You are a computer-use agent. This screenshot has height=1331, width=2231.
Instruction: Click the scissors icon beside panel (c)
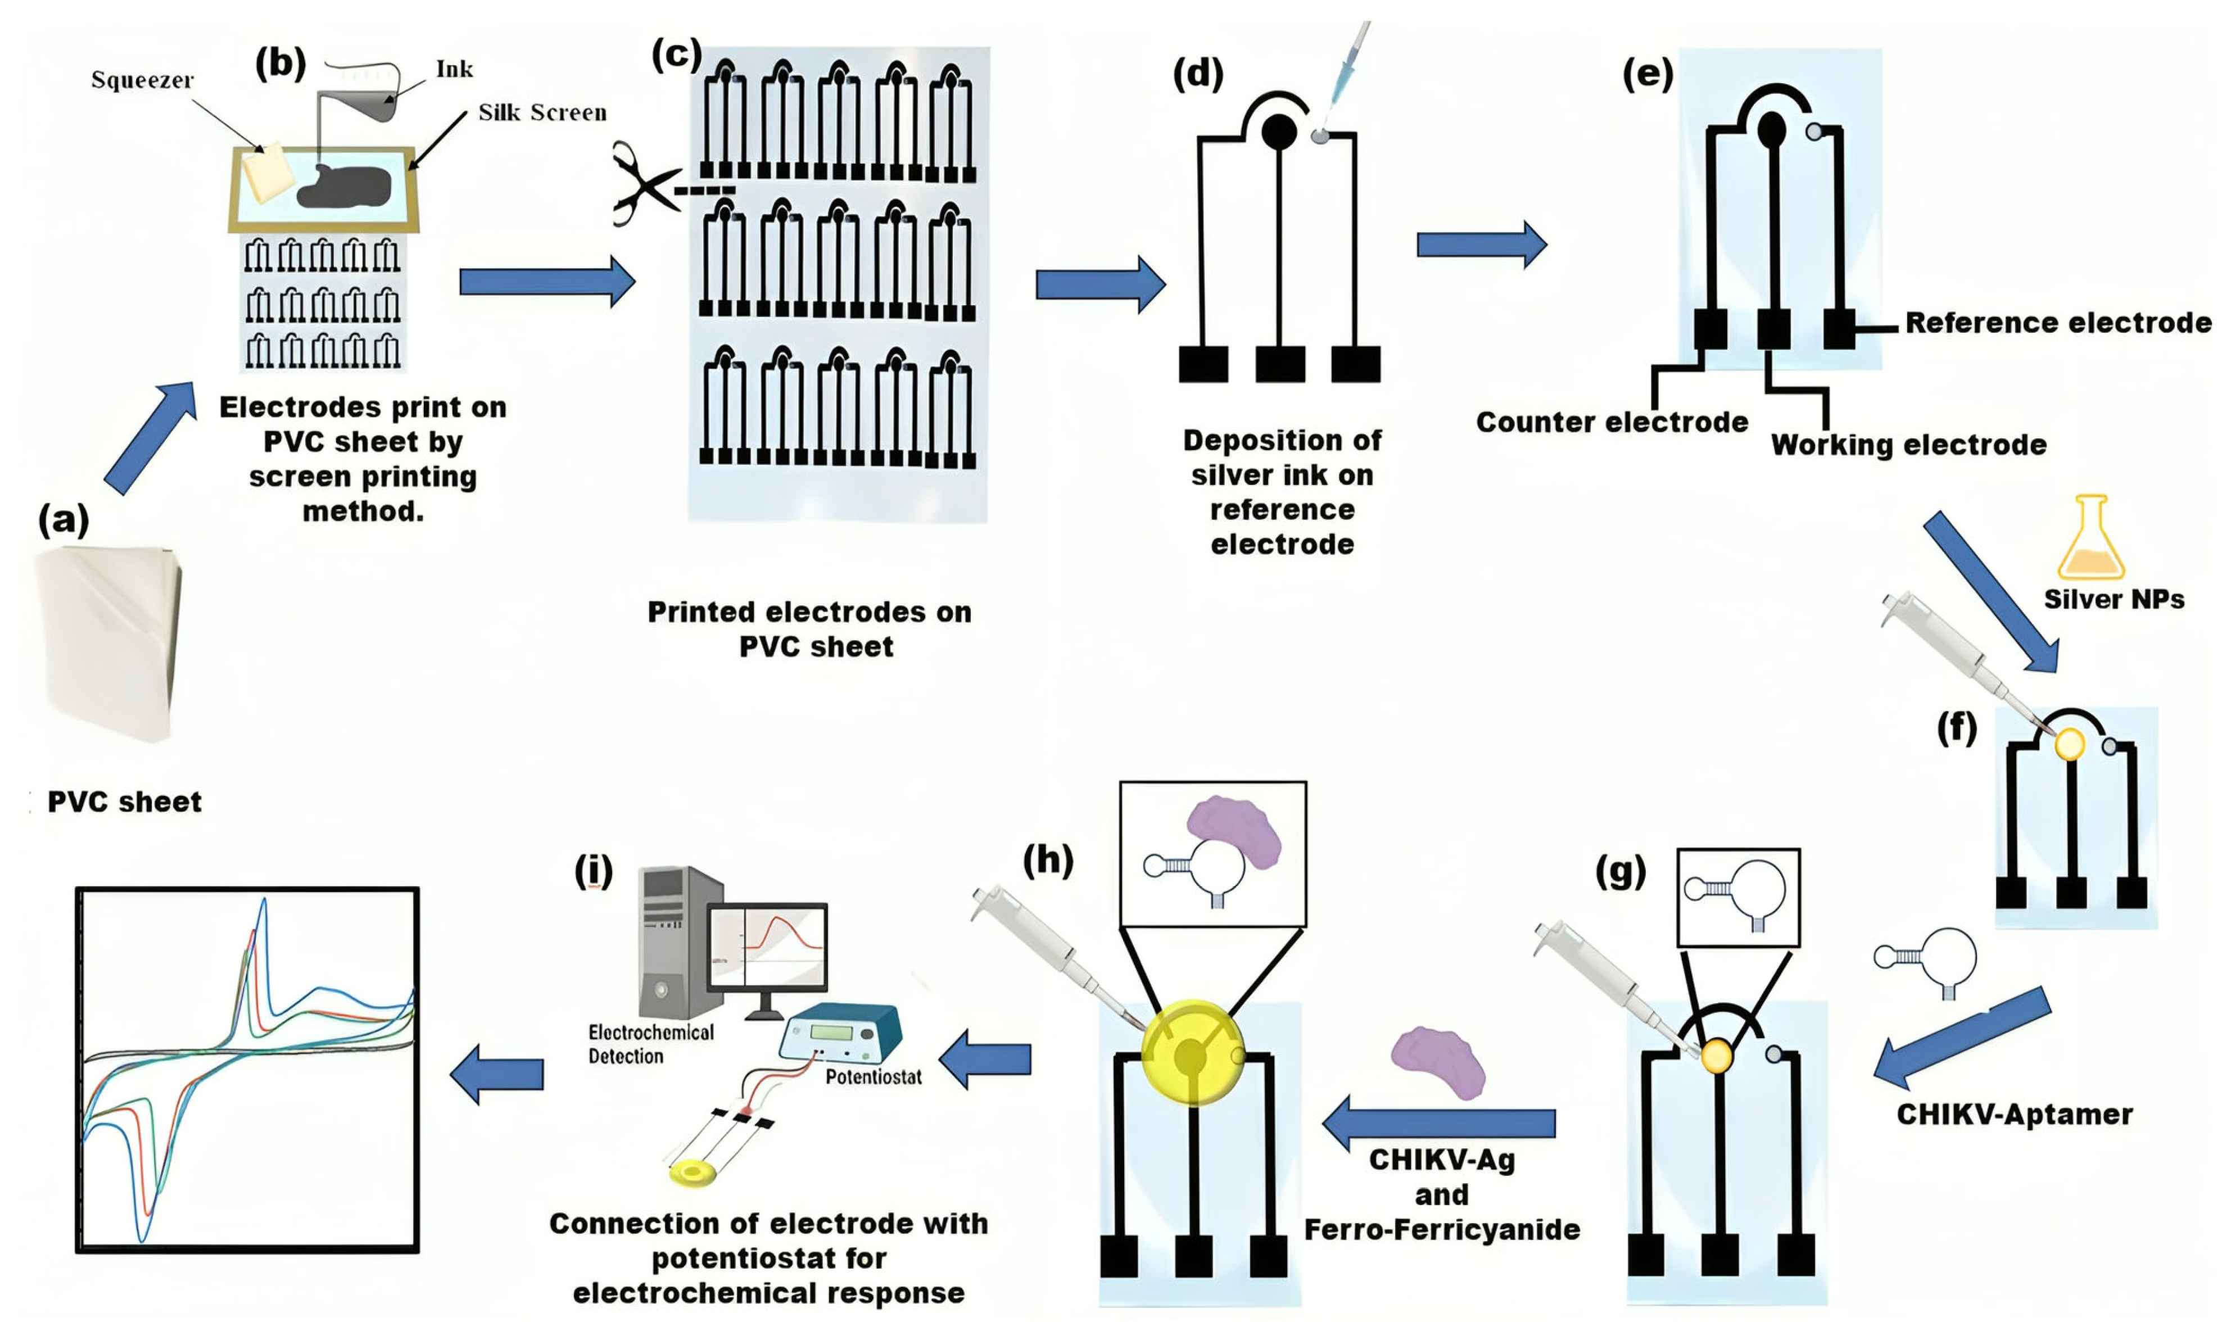pos(644,184)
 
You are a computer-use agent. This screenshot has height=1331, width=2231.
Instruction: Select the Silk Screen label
pos(542,112)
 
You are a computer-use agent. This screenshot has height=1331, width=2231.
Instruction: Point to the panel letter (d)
pos(1197,74)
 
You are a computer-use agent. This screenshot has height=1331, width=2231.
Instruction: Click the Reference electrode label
pos(2058,323)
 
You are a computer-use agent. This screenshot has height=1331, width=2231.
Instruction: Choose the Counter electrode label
pos(1612,423)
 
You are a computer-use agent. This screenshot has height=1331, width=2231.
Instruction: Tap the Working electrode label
pos(1908,445)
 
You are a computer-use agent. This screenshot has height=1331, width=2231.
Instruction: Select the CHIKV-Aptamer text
pos(2014,1115)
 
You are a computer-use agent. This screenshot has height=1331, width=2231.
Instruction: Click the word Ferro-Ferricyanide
pos(1442,1230)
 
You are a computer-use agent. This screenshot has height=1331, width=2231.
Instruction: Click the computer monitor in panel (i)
pos(768,949)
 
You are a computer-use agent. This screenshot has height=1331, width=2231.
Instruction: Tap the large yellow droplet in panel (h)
pos(1193,1054)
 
